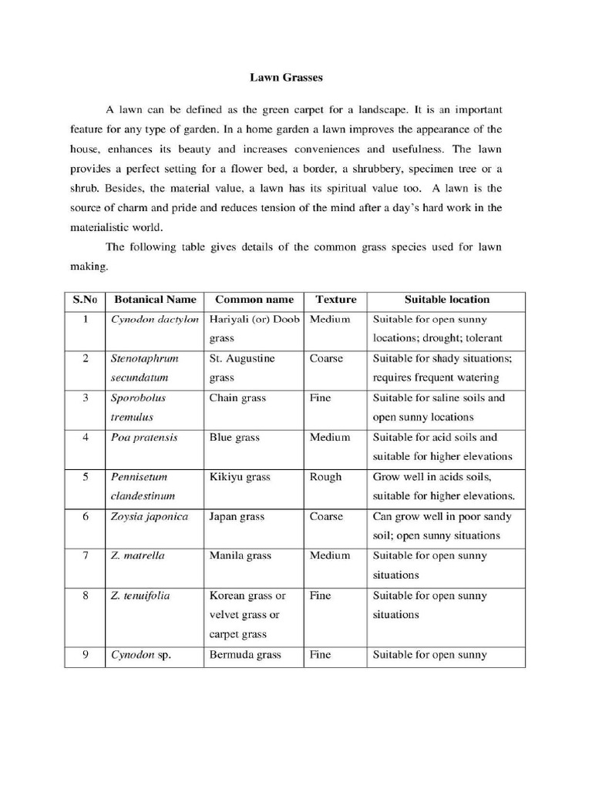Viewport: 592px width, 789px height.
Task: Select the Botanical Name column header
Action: [x=155, y=299]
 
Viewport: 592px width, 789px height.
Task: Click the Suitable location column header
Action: [x=446, y=299]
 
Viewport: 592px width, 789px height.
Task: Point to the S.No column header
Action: [x=86, y=299]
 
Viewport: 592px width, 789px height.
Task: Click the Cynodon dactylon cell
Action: [x=155, y=319]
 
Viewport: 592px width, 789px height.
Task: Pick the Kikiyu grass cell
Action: [x=240, y=477]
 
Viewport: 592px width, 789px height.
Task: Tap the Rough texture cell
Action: [x=325, y=477]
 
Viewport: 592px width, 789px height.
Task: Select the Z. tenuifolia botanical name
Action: [x=140, y=596]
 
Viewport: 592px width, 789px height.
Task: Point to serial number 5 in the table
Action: [x=86, y=477]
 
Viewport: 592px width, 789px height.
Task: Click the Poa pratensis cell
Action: [x=144, y=437]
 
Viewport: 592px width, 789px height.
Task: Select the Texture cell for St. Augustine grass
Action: [x=325, y=358]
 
